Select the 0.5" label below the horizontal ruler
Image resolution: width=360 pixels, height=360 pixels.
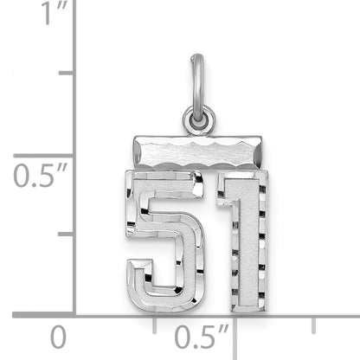pos(201,335)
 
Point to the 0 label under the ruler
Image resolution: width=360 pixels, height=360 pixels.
pos(57,335)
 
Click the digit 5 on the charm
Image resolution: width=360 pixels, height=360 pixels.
pos(164,233)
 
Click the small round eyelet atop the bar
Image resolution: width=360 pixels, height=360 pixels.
pos(199,119)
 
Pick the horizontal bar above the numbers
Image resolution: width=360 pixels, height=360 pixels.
pos(198,151)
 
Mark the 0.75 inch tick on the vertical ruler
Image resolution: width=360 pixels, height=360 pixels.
pos(66,74)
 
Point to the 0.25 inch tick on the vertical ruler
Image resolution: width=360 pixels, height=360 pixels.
pos(66,234)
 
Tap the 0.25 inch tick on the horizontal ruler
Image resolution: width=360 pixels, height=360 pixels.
pos(155,323)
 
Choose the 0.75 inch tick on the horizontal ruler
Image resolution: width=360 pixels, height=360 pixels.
pos(314,323)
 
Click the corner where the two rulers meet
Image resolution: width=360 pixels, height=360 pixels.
pos(74,313)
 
